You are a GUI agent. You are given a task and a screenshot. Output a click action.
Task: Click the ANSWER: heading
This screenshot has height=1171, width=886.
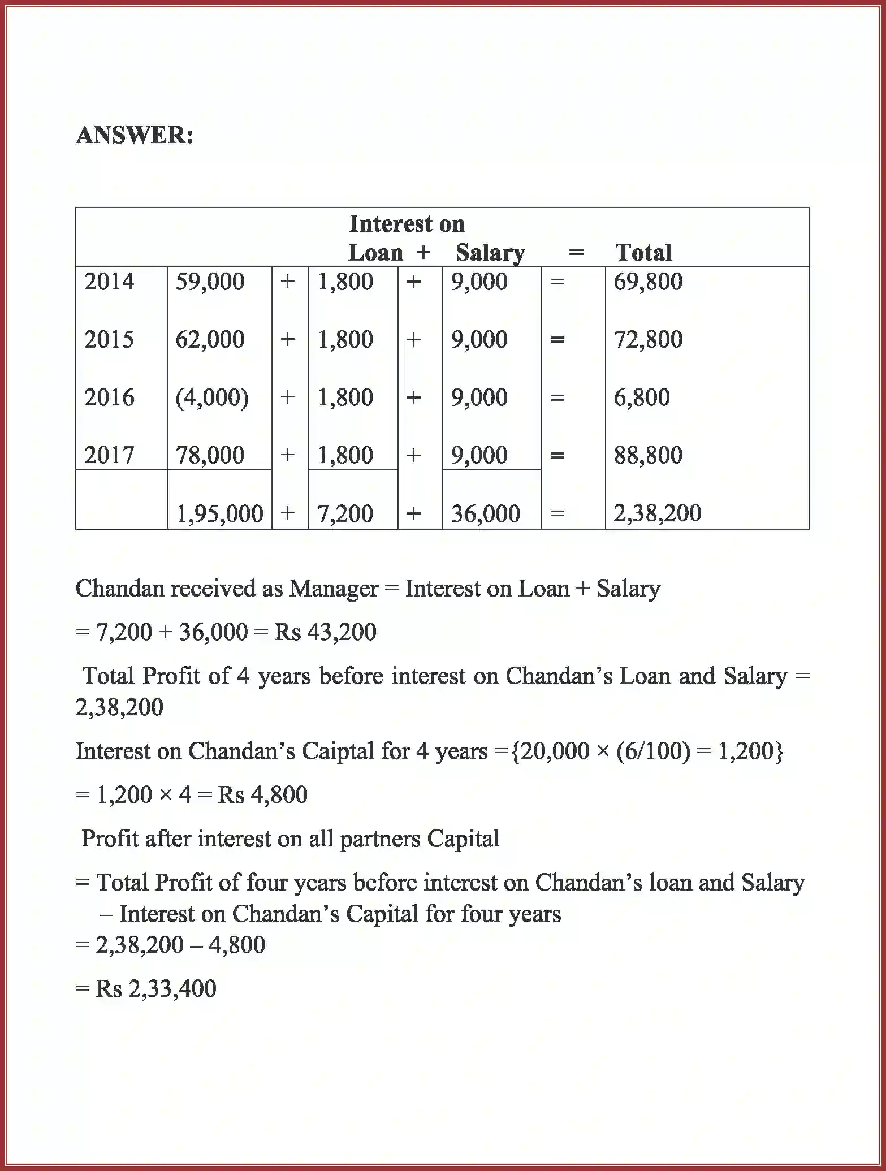135,136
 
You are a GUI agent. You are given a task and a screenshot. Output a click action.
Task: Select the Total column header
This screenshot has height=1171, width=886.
643,253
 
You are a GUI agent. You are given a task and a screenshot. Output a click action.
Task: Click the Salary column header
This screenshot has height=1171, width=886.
490,253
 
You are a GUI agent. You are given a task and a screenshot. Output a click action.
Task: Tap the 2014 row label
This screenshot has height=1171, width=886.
109,282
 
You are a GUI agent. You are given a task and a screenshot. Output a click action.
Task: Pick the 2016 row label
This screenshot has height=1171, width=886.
109,397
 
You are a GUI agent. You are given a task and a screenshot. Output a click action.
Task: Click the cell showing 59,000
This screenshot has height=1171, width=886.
210,282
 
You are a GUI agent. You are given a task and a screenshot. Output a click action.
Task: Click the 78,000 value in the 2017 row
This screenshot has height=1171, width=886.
210,455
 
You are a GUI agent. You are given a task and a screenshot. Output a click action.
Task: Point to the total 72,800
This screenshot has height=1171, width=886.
648,340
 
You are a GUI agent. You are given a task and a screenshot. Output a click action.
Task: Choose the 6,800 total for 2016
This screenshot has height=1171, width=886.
642,397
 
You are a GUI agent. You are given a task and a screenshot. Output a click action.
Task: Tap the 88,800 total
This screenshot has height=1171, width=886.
648,455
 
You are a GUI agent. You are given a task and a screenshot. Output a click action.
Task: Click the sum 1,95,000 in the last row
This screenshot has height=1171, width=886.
219,514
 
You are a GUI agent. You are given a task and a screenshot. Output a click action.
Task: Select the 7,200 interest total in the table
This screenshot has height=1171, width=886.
345,514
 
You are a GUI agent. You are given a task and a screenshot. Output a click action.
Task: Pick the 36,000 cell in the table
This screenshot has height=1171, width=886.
485,514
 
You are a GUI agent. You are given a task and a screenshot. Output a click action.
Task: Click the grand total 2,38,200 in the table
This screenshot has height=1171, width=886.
657,513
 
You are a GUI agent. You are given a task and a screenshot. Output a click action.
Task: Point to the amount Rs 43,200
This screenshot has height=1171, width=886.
325,632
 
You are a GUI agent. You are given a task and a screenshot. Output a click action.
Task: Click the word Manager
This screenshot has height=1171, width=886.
334,589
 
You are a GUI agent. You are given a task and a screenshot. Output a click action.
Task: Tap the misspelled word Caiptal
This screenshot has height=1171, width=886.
338,751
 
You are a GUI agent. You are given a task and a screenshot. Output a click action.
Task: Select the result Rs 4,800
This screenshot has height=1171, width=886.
262,795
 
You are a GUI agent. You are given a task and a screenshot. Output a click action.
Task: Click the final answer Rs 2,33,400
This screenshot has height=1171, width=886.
155,989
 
